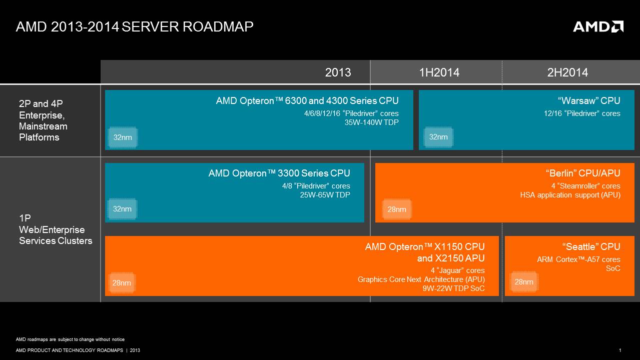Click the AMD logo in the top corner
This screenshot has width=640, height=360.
click(x=598, y=26)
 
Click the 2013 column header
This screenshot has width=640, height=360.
click(x=338, y=72)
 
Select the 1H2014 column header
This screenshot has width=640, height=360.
click(x=439, y=72)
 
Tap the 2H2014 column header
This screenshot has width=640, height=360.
click(x=567, y=72)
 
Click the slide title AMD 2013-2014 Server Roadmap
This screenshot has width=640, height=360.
click(x=135, y=26)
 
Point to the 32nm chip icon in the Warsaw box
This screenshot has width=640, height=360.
click(x=438, y=137)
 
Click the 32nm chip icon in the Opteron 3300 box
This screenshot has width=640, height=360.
click(x=122, y=209)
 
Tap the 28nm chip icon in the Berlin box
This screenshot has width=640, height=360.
click(x=397, y=209)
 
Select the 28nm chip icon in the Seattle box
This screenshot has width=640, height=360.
click(x=524, y=282)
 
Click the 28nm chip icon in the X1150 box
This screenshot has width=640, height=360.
click(x=122, y=283)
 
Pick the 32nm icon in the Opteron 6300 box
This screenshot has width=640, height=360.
click(x=122, y=137)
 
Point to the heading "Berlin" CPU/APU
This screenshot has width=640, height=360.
click(x=582, y=173)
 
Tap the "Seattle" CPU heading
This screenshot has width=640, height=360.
click(x=591, y=246)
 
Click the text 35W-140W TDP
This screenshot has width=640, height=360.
click(x=371, y=122)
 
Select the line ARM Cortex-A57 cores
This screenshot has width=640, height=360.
click(x=578, y=259)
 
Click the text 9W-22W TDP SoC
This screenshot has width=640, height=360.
click(x=453, y=288)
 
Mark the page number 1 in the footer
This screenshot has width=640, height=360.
click(x=620, y=350)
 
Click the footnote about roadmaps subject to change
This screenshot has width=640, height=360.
click(x=70, y=339)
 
